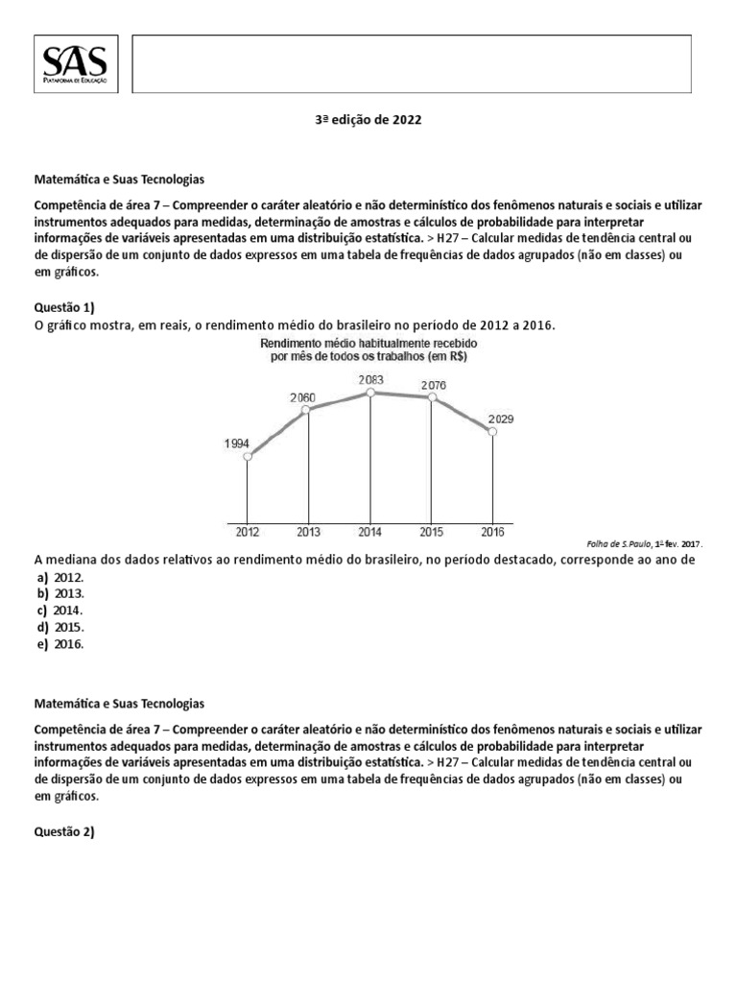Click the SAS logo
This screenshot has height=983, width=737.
point(76,65)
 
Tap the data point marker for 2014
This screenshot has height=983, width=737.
point(370,392)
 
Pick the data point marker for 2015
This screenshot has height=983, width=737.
point(433,397)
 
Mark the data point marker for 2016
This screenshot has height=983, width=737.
point(493,433)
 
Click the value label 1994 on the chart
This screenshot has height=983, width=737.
point(237,444)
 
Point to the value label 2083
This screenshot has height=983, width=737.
point(371,380)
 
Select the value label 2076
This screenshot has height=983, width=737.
point(433,386)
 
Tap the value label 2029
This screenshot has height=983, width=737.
point(500,420)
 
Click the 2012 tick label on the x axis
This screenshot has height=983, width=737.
point(248,531)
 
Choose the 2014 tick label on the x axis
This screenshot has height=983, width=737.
point(370,531)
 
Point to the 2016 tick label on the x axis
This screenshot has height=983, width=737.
point(493,531)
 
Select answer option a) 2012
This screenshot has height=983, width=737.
point(61,577)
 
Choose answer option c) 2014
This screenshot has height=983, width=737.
point(61,611)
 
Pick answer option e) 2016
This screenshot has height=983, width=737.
point(61,644)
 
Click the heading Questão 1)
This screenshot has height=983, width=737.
point(64,307)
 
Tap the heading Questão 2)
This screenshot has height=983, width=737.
point(64,832)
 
